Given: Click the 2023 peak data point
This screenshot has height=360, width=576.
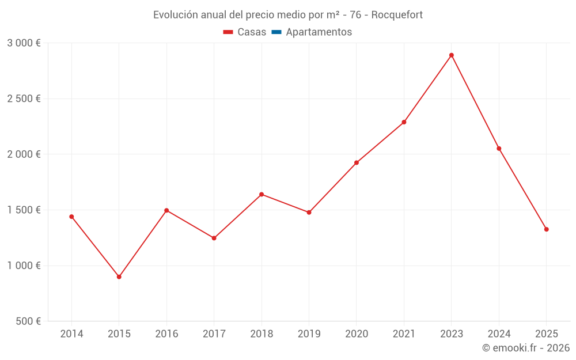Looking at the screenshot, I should [x=452, y=55].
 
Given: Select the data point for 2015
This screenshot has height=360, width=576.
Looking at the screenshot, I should [x=119, y=277].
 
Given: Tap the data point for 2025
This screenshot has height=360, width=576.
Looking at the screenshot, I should [x=547, y=229].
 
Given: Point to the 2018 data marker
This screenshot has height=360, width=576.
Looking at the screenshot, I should [x=262, y=194].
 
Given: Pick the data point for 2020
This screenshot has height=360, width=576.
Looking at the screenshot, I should [x=357, y=162].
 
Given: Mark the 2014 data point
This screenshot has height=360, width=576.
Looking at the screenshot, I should [x=71, y=217].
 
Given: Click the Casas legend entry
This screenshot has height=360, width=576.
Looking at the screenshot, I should [x=245, y=32].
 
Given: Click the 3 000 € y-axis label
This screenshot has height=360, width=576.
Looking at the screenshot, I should [x=24, y=43].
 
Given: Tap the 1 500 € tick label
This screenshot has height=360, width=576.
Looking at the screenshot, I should [x=24, y=210].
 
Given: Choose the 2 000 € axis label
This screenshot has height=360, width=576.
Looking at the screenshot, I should [x=24, y=154].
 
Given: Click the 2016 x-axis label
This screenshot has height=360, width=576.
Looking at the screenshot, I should [x=166, y=334].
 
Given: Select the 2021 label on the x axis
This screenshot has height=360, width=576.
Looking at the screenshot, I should [x=404, y=334].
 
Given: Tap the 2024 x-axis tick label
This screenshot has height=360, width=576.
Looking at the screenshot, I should [x=499, y=334].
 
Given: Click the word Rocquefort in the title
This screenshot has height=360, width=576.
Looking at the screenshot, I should [x=397, y=15].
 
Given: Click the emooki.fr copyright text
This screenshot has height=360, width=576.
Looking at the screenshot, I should [x=526, y=348].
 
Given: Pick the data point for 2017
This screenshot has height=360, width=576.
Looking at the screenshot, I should [x=214, y=238].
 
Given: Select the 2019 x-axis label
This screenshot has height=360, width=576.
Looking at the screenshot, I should [x=309, y=334].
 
